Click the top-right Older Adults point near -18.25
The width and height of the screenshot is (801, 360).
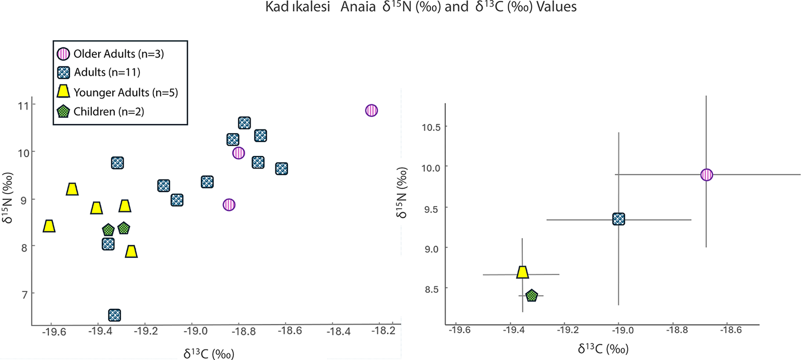371,111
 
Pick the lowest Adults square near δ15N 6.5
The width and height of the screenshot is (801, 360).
115,315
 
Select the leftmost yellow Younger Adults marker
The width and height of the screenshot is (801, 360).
49,226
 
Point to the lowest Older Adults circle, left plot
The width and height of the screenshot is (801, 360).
229,205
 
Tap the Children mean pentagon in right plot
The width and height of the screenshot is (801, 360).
532,295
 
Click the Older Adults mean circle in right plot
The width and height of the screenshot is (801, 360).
707,175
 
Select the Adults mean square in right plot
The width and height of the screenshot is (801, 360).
619,219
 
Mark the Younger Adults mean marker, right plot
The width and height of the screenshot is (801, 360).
522,272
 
